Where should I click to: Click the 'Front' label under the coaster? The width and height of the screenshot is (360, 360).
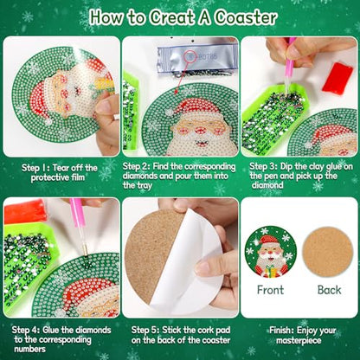[x=270, y=291]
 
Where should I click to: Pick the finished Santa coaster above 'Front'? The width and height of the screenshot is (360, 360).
[x=270, y=252]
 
